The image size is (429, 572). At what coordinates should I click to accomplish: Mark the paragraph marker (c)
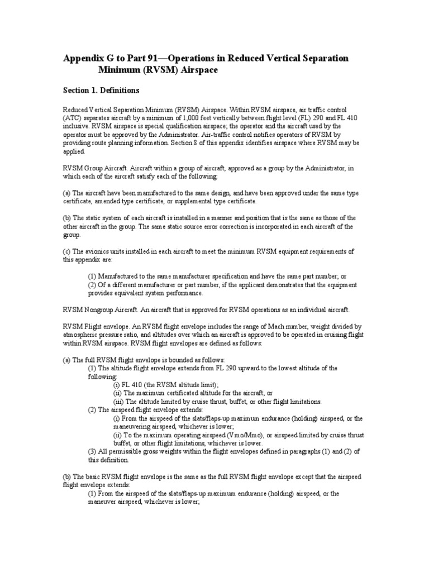(x=66, y=251)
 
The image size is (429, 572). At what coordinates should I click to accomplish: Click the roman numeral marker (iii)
(x=119, y=401)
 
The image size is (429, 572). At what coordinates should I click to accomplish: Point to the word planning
(x=123, y=143)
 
